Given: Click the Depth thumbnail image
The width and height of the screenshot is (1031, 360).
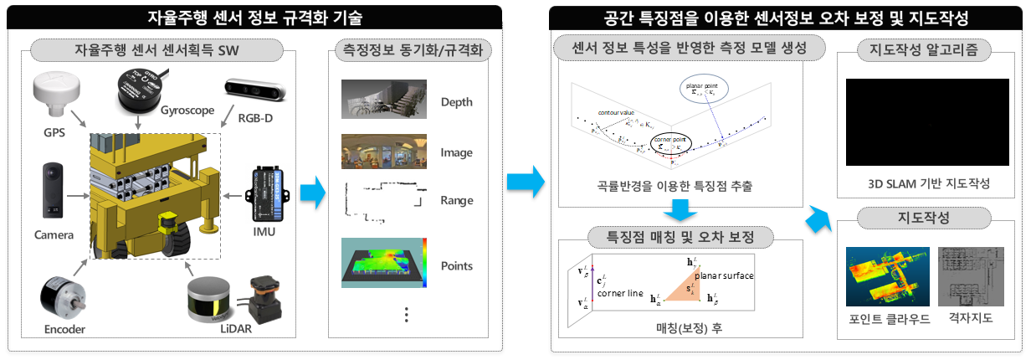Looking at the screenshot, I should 384,100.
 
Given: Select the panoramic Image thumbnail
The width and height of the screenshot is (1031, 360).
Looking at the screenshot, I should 384,152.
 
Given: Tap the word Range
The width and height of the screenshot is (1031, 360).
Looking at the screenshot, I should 457,200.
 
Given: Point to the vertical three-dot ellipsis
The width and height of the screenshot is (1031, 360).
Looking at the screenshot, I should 407,314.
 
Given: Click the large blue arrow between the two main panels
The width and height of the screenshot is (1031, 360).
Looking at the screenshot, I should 526,180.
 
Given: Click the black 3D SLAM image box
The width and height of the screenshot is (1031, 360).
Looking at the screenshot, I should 927,126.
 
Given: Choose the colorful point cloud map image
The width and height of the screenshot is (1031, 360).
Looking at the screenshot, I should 887,276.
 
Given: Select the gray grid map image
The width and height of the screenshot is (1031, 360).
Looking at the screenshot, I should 971,276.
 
